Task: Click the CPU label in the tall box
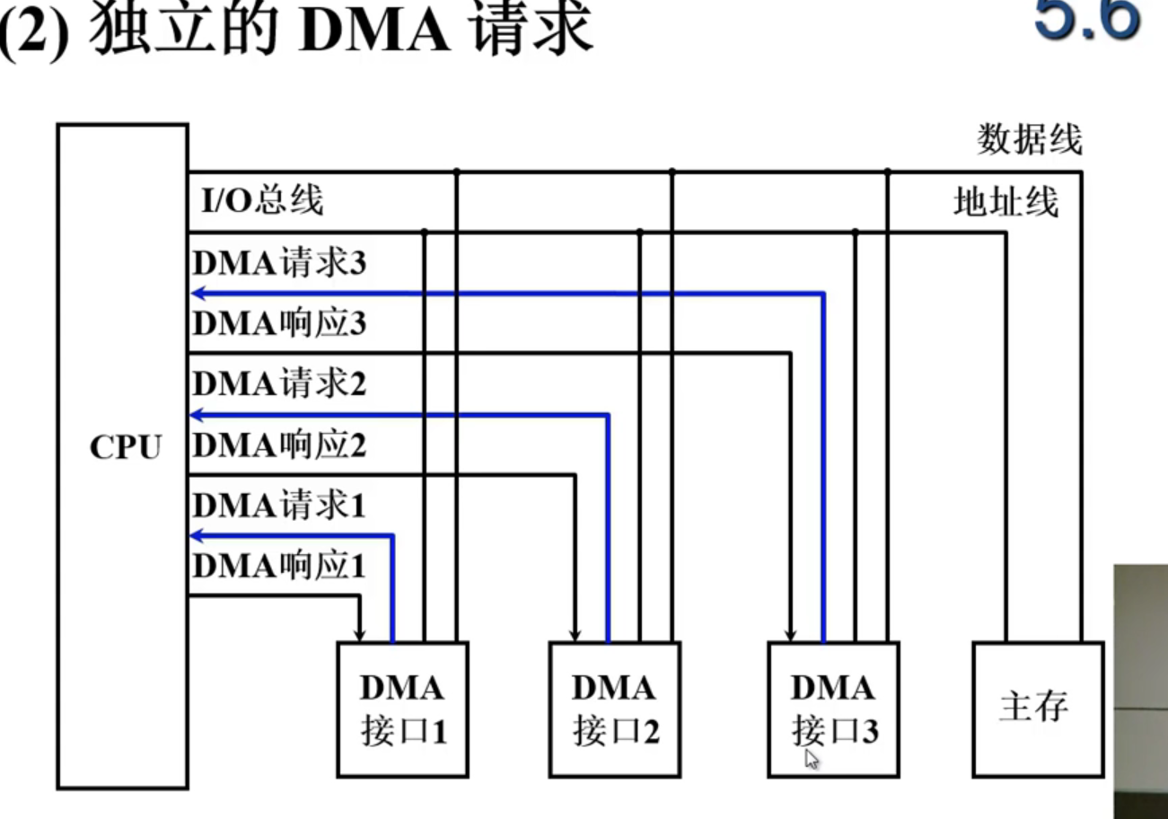tap(125, 447)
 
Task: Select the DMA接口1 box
tap(402, 709)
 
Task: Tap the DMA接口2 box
tap(615, 709)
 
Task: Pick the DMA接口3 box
tap(833, 709)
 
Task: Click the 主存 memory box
tap(1038, 709)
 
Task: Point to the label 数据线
tap(1030, 141)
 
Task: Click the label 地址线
tap(1006, 203)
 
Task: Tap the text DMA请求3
tap(279, 264)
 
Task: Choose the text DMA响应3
tap(279, 324)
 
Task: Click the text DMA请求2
tap(279, 384)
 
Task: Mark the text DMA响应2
tap(279, 445)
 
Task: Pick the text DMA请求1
tap(279, 506)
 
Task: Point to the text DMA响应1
tap(279, 567)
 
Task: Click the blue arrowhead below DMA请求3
tap(198, 293)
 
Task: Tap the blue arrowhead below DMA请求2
tap(198, 415)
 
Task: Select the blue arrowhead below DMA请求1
tap(198, 536)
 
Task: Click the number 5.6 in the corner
tap(1086, 20)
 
